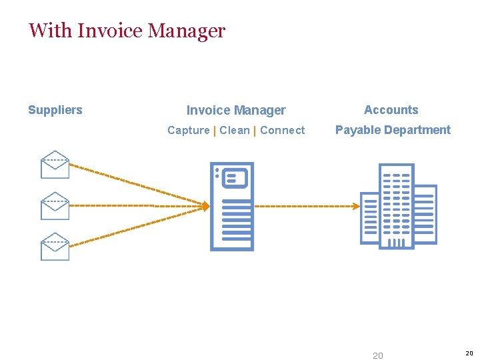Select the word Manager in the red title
[x=187, y=31]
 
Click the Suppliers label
[x=55, y=110]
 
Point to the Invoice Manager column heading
[x=236, y=111]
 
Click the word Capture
[x=188, y=131]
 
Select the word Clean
[x=235, y=131]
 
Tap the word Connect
[x=283, y=131]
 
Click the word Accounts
[x=391, y=110]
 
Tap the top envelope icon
[x=55, y=165]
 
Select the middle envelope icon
[x=55, y=206]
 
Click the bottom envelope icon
[x=55, y=247]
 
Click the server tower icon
[x=232, y=206]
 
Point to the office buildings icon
[x=399, y=206]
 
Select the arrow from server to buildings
[x=307, y=206]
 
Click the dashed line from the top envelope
[x=133, y=183]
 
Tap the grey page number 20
[x=378, y=355]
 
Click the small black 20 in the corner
[x=469, y=353]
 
